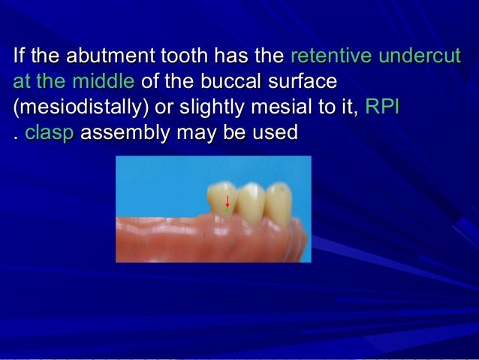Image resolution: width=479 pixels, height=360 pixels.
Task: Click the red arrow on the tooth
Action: coord(227,201)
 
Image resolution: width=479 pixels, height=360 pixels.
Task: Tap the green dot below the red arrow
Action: coord(227,211)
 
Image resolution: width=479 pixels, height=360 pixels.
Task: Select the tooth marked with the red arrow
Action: coord(223,198)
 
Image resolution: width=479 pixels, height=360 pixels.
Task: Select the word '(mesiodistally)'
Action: coord(80,107)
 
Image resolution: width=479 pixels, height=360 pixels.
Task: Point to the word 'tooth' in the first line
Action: coord(187,56)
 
